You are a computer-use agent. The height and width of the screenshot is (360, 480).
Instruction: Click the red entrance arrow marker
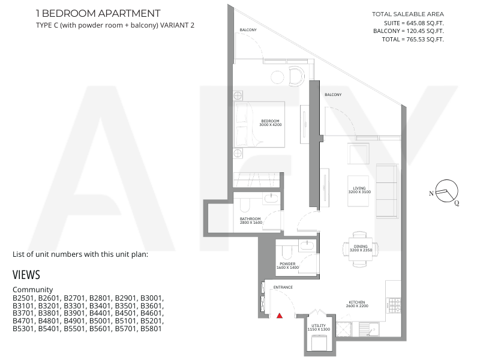pos(280,316)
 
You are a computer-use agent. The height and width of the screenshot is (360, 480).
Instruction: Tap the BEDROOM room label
pos(271,123)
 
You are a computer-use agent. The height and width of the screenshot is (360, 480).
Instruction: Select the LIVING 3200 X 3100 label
pos(359,190)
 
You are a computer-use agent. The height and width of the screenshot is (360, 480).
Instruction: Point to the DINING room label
pos(361,248)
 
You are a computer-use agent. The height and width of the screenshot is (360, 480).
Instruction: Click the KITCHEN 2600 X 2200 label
pos(357,304)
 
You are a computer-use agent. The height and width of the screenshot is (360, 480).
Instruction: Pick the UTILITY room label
pos(319,327)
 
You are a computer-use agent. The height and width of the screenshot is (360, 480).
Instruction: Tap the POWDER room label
pos(287,266)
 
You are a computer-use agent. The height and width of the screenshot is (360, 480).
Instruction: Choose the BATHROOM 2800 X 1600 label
pos(251,221)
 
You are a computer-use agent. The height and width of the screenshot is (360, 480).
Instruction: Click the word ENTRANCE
pos(283,287)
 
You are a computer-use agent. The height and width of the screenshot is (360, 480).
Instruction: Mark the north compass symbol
pos(446,191)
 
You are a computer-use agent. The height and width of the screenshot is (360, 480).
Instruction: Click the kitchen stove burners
pos(394,305)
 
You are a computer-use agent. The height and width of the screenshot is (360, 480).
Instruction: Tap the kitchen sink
pos(369,329)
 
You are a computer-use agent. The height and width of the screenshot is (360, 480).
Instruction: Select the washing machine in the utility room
pos(319,343)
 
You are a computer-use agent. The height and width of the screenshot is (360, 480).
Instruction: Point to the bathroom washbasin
pos(271,199)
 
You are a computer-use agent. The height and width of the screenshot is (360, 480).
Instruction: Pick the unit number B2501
pos(24,298)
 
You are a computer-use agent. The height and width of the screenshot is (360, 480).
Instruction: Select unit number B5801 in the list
pos(151,329)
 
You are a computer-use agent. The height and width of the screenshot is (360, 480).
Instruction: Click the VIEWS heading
pos(26,275)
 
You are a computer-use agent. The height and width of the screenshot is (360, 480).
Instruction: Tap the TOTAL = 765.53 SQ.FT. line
pos(413,40)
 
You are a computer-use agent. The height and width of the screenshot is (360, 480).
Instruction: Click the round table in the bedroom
pos(278,77)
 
